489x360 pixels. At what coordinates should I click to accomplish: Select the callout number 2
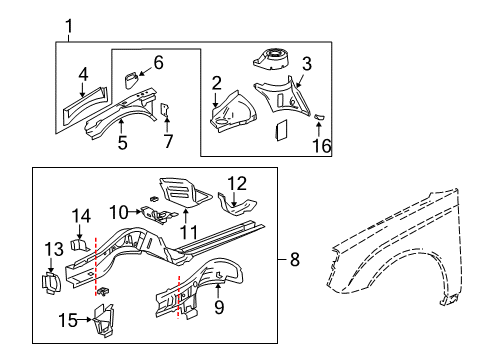[216, 82]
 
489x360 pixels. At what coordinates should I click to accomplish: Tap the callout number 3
[306, 64]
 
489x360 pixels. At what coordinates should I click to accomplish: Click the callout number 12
[236, 182]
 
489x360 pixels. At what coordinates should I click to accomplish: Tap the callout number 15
[67, 319]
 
